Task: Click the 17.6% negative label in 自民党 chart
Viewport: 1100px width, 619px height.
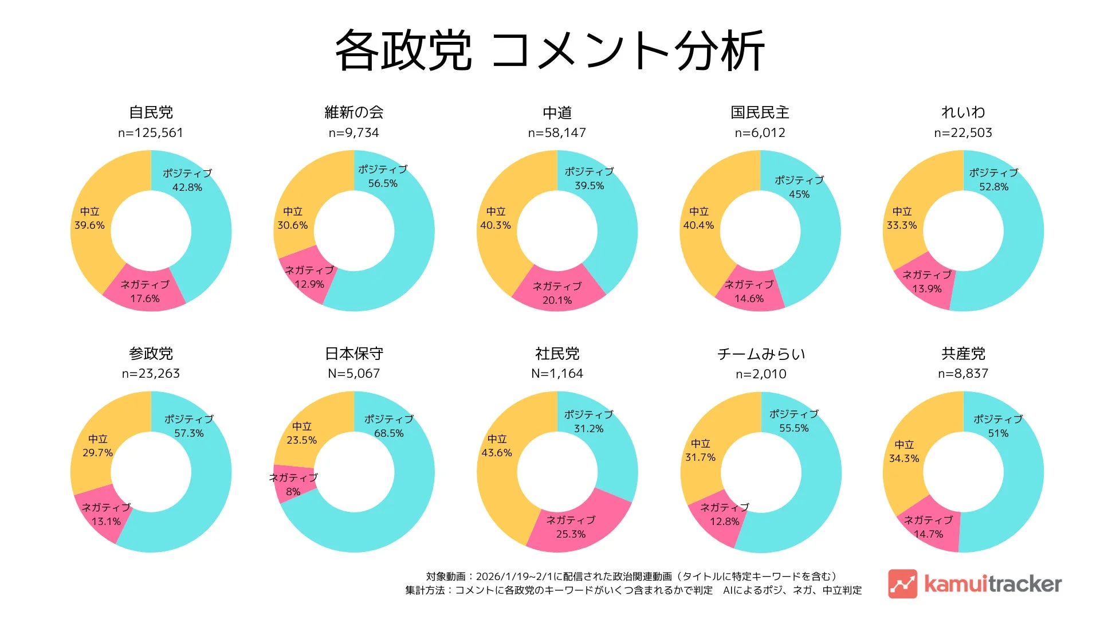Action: coord(145,299)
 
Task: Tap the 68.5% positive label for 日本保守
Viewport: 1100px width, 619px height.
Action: coord(388,433)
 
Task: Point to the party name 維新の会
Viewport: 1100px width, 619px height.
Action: coord(353,112)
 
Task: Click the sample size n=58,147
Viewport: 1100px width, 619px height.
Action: coord(557,133)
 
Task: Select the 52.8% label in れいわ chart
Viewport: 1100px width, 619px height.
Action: coord(993,187)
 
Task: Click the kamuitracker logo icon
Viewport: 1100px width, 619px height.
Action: coord(902,583)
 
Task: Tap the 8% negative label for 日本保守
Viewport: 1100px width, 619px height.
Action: coord(293,492)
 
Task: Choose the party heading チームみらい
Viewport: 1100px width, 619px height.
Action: coord(761,354)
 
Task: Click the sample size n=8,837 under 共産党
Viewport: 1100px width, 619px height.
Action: coord(962,374)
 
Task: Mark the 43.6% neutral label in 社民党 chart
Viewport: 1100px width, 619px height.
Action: coord(496,453)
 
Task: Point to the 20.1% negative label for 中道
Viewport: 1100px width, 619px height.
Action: coord(557,300)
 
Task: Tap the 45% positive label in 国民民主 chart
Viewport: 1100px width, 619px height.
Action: coord(799,194)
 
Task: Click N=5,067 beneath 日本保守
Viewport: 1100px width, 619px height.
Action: coord(353,374)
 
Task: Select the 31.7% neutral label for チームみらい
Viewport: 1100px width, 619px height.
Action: coord(700,457)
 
